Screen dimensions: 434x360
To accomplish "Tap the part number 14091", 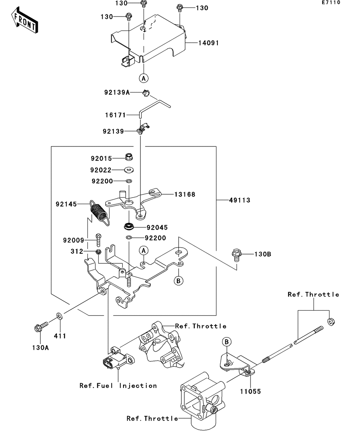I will tap(208, 43).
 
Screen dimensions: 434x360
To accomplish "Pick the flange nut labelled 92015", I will tap(129, 157).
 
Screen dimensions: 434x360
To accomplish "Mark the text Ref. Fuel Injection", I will tap(118, 386).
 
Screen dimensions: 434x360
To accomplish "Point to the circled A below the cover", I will tap(143, 78).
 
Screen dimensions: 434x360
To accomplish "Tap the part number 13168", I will tap(185, 194).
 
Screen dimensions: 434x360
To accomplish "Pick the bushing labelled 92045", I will tap(129, 227).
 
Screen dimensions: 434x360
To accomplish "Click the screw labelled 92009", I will tap(98, 239).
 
